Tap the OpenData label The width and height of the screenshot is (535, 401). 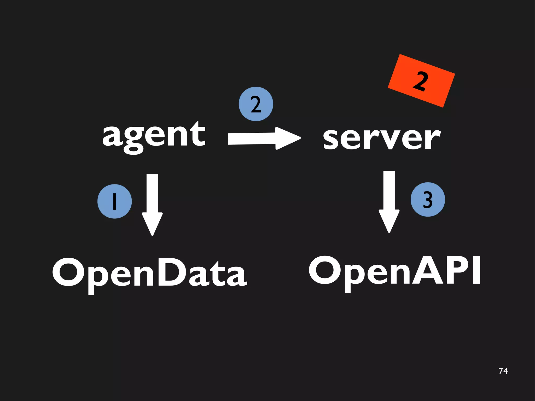(x=149, y=273)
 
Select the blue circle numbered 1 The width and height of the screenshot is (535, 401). (x=114, y=201)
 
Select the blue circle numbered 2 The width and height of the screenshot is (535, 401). (x=256, y=104)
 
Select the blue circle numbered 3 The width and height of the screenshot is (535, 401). (x=428, y=199)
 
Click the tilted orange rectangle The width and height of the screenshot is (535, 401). (x=421, y=81)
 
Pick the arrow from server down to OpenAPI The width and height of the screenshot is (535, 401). (x=389, y=201)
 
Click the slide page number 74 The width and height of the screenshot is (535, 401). (x=503, y=371)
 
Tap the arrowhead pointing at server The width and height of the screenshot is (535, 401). (x=287, y=138)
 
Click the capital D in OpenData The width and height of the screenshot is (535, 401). (x=174, y=272)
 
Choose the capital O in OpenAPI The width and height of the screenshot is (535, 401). (x=325, y=270)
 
